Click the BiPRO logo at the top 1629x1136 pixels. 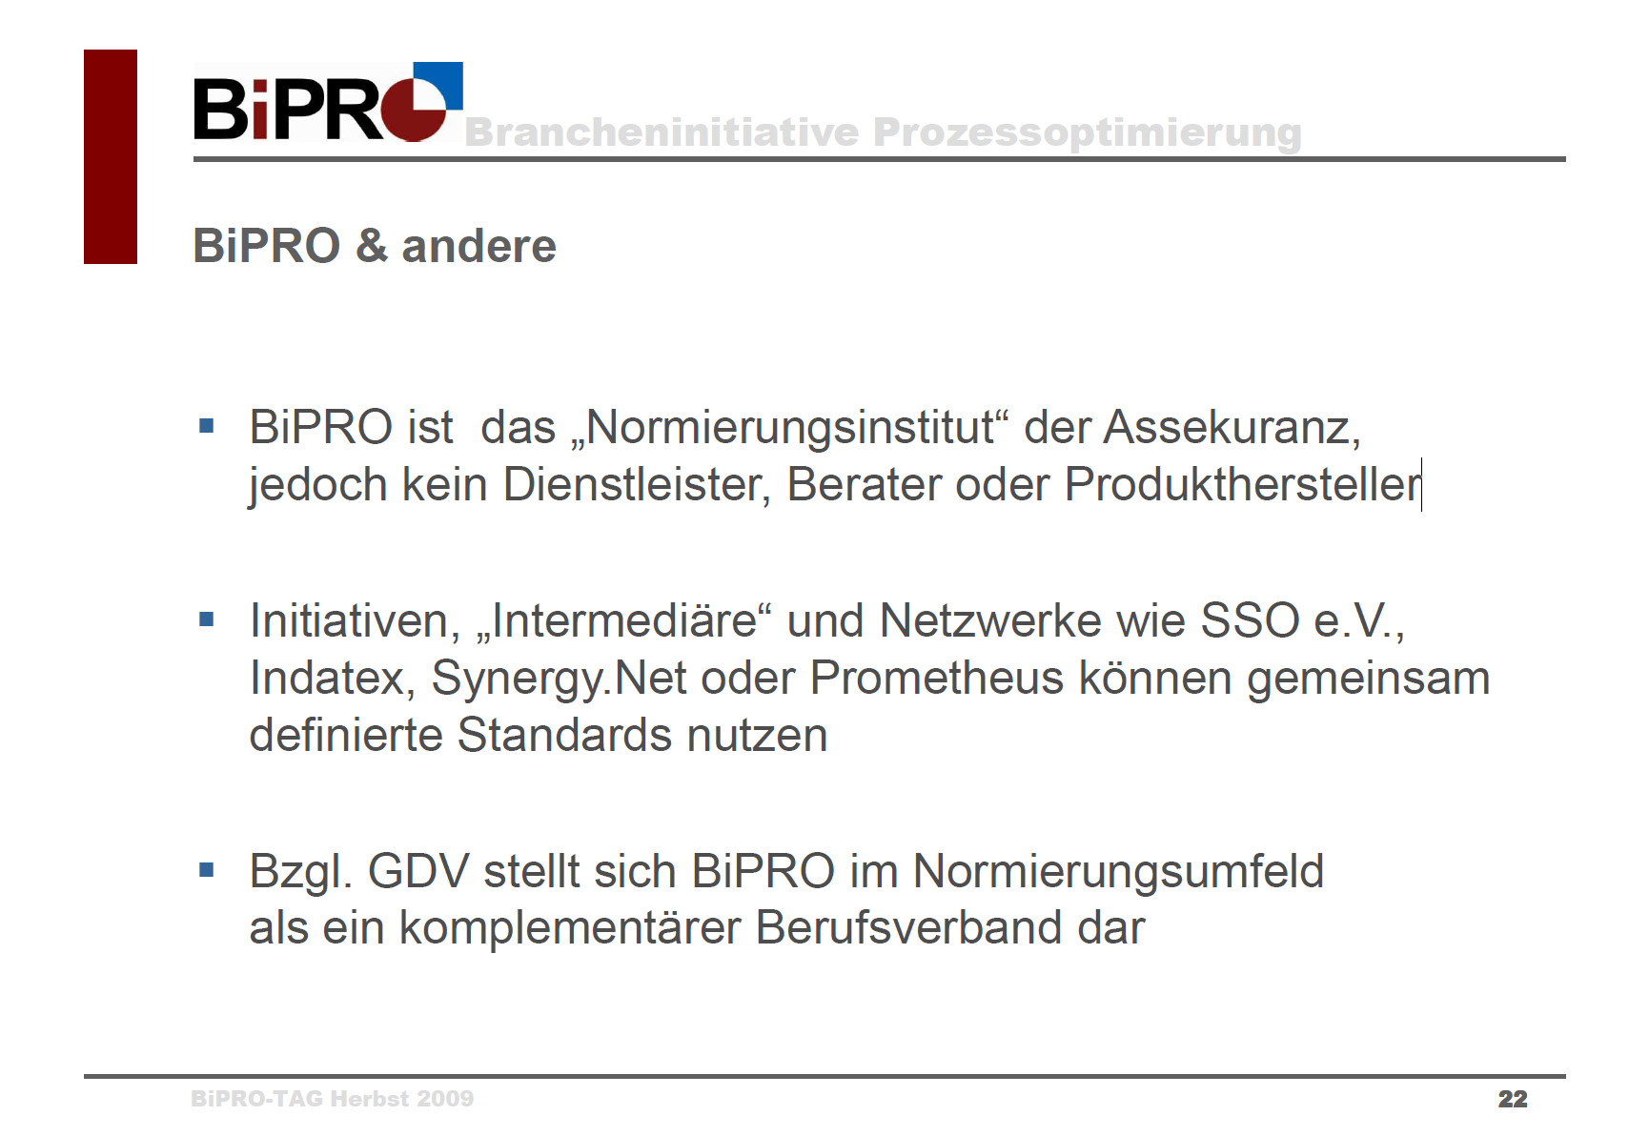click(x=328, y=102)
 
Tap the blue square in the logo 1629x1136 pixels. click(x=438, y=85)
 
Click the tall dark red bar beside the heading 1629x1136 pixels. click(x=111, y=156)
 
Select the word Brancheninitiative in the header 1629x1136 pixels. click(x=662, y=132)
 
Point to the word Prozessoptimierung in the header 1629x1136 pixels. click(x=1088, y=133)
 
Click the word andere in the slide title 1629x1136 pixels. click(x=479, y=246)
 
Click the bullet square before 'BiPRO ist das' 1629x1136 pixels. click(x=207, y=425)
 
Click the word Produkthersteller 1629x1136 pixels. click(x=1242, y=484)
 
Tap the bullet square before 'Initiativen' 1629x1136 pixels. click(x=207, y=619)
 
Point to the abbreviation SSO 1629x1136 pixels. click(x=1250, y=621)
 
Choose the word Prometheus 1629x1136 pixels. click(x=937, y=678)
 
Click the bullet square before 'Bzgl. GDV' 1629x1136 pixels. click(x=207, y=870)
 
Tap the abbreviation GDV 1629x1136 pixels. click(x=418, y=871)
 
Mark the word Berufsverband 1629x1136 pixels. click(x=909, y=928)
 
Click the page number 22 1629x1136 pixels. click(x=1513, y=1099)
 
